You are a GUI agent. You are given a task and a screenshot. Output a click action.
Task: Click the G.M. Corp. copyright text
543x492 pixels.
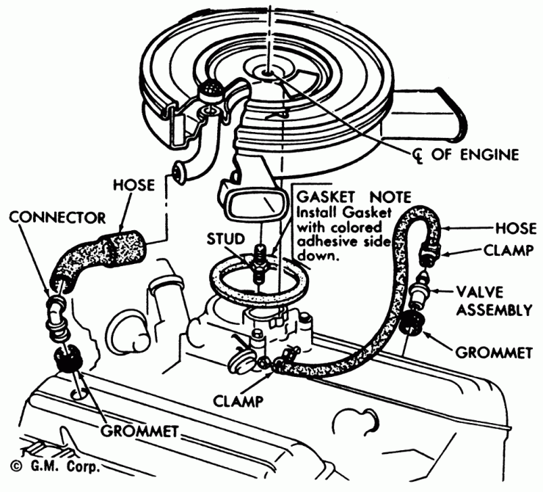click(54, 466)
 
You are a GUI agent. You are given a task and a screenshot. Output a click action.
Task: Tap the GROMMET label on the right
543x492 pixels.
click(493, 353)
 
